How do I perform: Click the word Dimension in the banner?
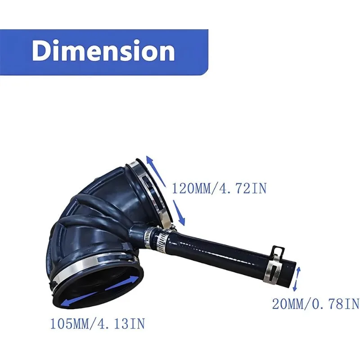[103, 51]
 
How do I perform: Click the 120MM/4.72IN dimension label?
[219, 189]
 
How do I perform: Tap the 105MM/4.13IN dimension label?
[98, 324]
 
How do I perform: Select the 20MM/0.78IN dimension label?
[315, 305]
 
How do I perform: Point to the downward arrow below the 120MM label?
[179, 212]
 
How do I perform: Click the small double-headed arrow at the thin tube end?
[297, 279]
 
